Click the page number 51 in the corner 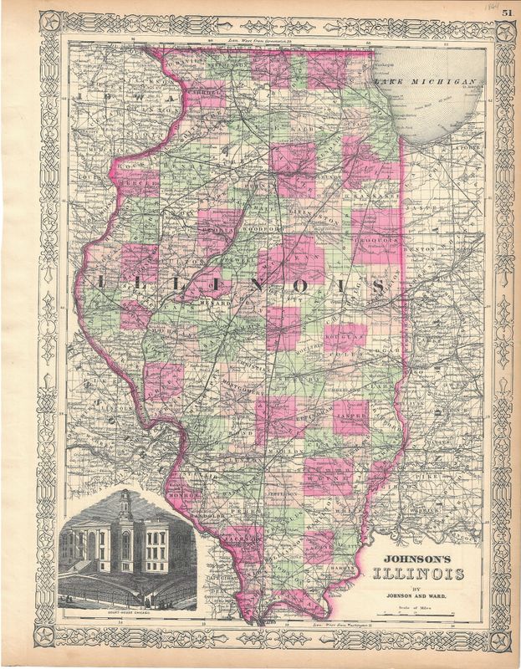pos(508,12)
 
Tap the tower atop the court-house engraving pos(125,504)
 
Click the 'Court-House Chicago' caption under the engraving pos(127,618)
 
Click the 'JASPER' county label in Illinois pos(353,414)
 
